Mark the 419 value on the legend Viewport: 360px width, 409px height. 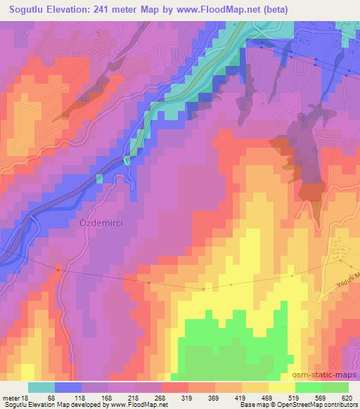(240, 397)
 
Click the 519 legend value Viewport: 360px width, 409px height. (294, 397)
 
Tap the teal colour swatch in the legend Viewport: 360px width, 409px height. (41, 387)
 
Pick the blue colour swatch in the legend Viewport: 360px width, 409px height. (68, 387)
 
